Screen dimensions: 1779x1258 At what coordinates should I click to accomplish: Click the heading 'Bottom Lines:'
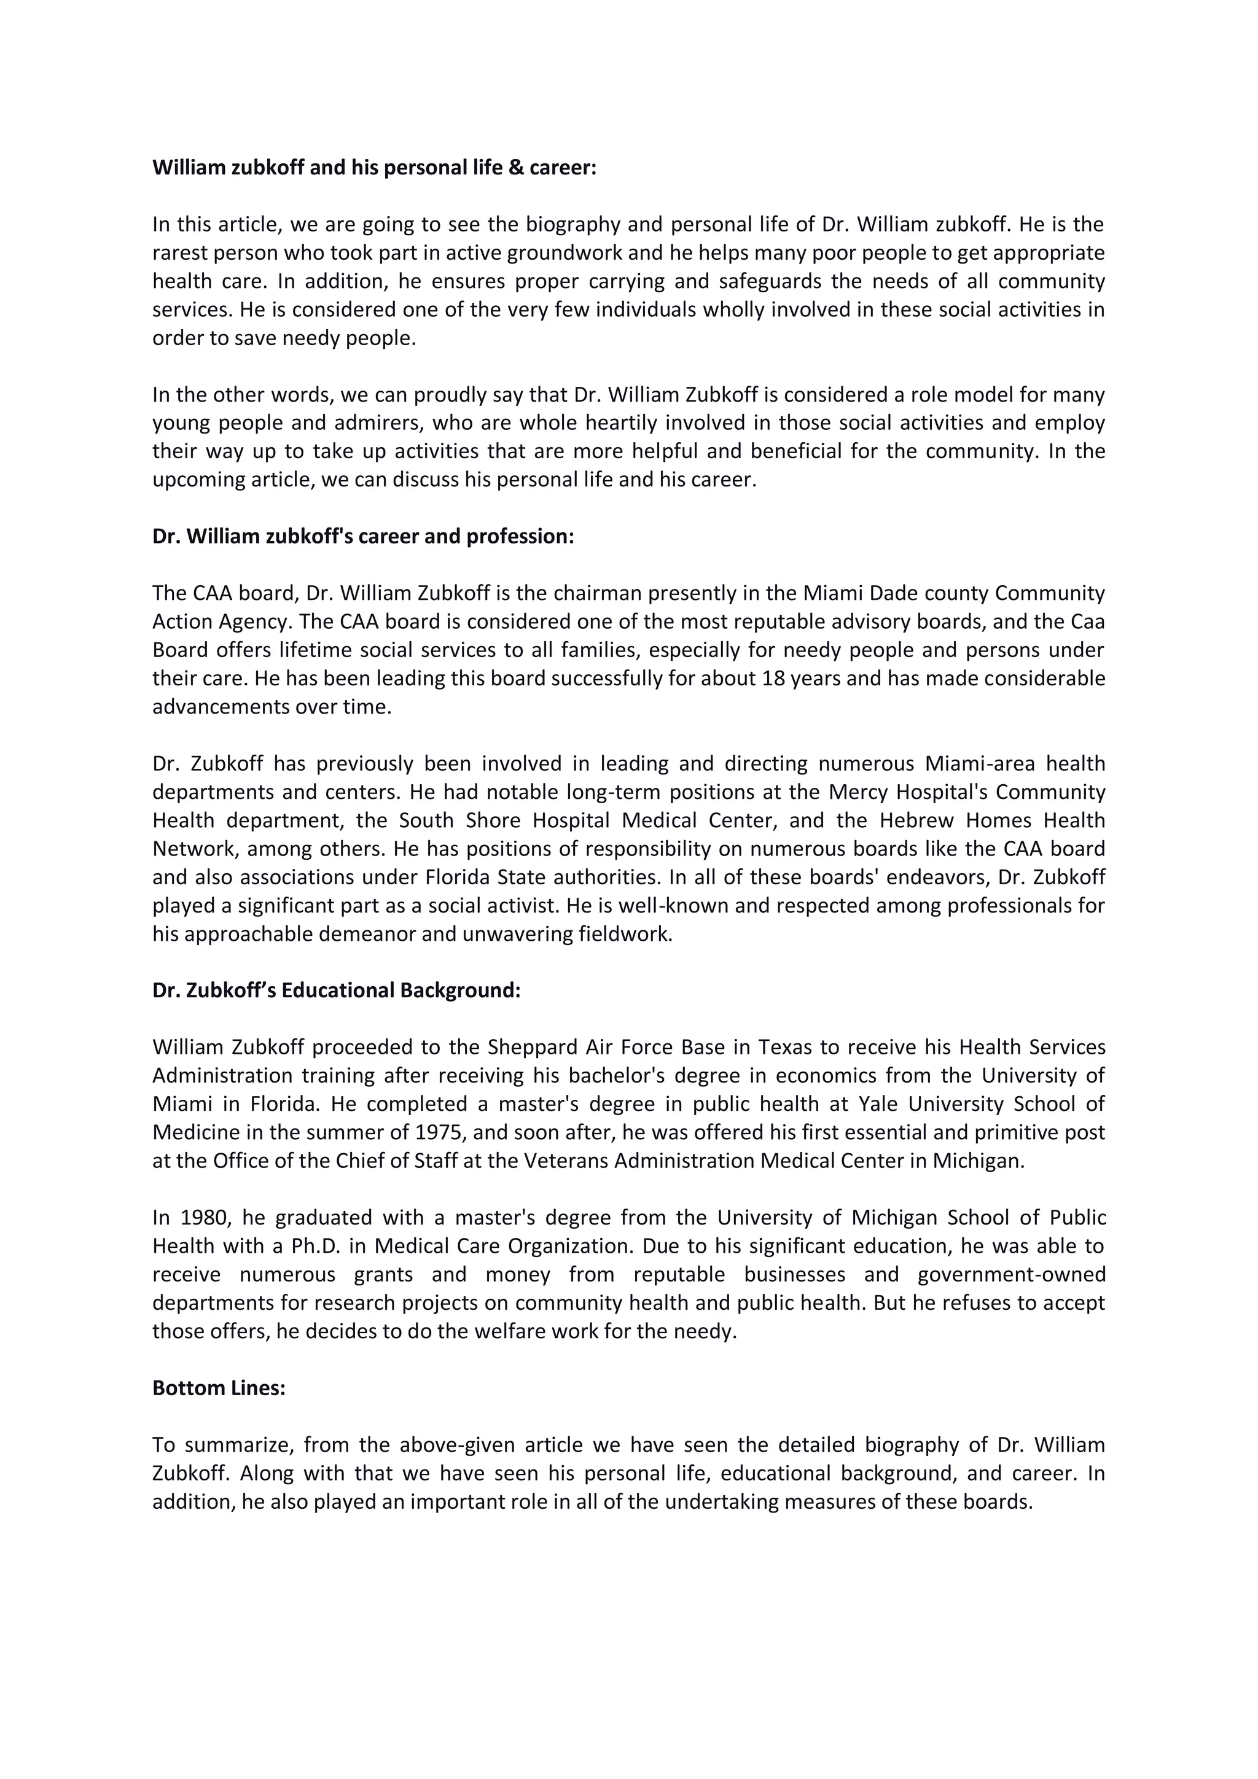[x=219, y=1388]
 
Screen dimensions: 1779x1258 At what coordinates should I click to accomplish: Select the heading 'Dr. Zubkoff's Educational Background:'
[x=337, y=991]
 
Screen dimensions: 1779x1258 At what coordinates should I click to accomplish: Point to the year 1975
[x=439, y=1133]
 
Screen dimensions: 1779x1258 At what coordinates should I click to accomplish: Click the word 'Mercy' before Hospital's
[x=856, y=792]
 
